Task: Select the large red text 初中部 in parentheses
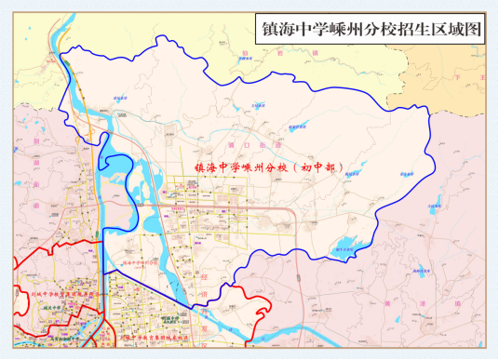click(323, 168)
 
